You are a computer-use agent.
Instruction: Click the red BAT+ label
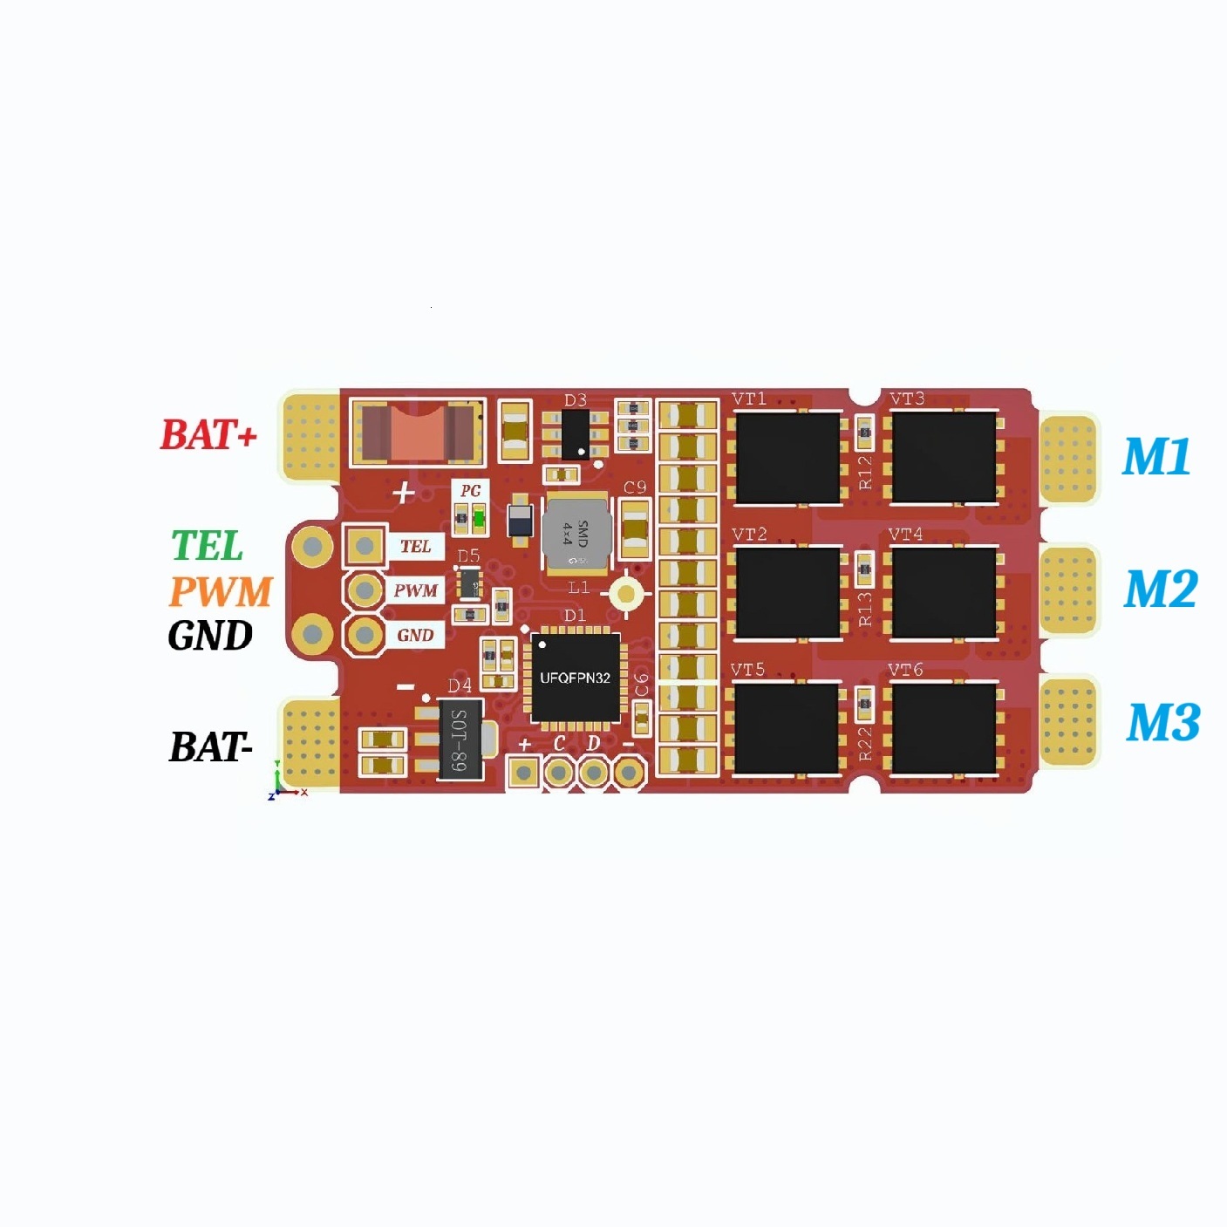click(208, 434)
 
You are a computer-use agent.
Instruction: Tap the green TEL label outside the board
click(207, 546)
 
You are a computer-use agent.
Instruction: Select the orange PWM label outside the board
click(221, 591)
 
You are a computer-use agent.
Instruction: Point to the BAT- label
click(211, 747)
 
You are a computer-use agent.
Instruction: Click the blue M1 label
click(1156, 456)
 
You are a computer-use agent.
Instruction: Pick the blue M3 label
click(1163, 723)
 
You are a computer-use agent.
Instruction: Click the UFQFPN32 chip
click(576, 678)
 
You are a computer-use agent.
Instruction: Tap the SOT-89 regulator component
click(459, 740)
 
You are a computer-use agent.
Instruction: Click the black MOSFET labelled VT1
click(787, 457)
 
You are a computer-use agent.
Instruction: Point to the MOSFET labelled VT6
click(943, 729)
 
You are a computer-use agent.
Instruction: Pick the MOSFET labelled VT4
click(944, 593)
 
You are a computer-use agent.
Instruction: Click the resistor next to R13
click(864, 569)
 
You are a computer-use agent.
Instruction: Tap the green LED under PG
click(478, 520)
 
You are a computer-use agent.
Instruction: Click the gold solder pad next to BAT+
click(310, 436)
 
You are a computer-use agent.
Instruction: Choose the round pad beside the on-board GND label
click(365, 635)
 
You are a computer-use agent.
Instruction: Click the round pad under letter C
click(559, 772)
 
